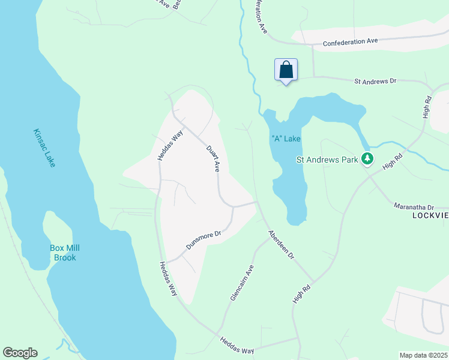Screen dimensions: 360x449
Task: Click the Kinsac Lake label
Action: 44,148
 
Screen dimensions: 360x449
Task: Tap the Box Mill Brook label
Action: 65,253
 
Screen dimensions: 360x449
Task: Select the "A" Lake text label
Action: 286,139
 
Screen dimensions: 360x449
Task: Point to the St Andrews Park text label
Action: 327,160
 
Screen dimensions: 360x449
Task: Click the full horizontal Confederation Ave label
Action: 350,42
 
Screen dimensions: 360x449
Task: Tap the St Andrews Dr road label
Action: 375,80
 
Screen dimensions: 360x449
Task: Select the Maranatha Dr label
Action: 414,206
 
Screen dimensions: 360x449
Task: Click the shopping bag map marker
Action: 286,70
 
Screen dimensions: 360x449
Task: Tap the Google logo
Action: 20,353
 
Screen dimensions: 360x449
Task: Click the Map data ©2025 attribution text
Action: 423,355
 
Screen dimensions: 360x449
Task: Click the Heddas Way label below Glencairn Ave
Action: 237,346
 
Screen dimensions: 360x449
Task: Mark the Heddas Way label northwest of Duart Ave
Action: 170,146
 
